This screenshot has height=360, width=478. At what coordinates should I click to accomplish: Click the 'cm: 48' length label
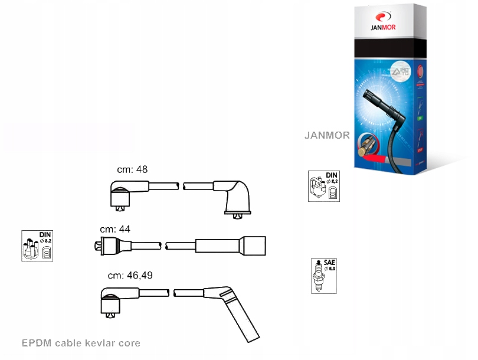click(x=132, y=169)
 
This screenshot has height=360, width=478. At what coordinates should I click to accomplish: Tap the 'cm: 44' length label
click(x=115, y=229)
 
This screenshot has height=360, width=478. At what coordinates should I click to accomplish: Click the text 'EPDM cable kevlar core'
click(x=81, y=343)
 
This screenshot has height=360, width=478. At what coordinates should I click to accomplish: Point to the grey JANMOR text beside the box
click(x=327, y=135)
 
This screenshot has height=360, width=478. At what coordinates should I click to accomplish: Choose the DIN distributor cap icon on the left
click(x=38, y=246)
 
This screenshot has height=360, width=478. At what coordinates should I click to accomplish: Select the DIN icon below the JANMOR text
click(x=324, y=186)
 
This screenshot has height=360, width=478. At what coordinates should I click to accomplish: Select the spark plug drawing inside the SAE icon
click(x=319, y=277)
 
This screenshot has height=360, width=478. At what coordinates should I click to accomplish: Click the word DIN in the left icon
click(x=45, y=235)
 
